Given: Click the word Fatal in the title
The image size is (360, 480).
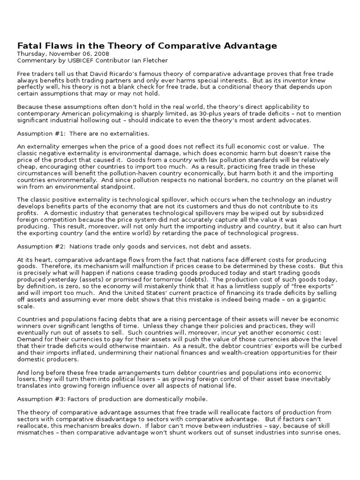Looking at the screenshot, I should point(29,45).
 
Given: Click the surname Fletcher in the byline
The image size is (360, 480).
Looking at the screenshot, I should point(154,60).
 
